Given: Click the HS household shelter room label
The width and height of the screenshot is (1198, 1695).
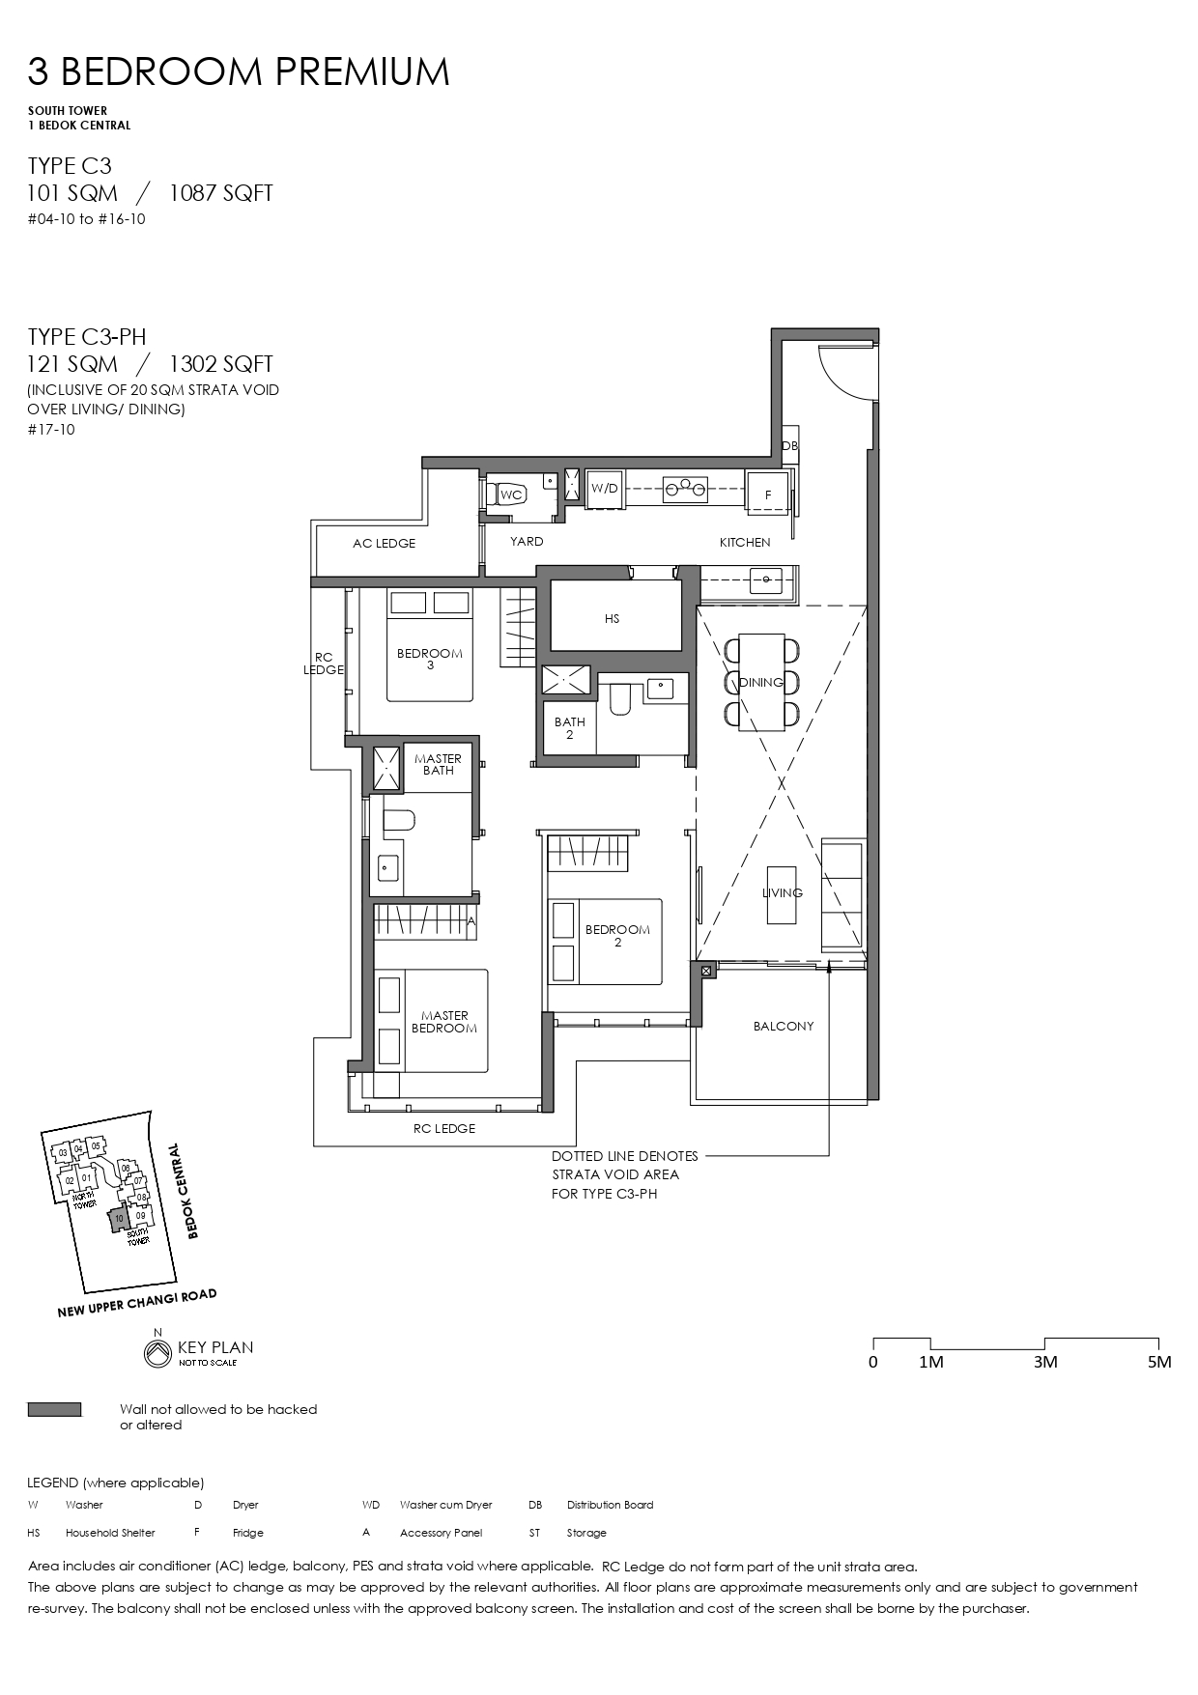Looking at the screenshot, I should point(612,619).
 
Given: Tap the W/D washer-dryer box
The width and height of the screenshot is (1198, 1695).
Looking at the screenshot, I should point(605,489).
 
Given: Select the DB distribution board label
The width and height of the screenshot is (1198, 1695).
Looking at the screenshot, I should point(789,446).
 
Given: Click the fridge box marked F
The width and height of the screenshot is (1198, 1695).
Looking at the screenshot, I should point(768,494).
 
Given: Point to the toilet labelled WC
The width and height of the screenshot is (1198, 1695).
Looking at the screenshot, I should point(511,494).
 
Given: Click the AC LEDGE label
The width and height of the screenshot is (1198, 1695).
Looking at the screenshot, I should point(384,544).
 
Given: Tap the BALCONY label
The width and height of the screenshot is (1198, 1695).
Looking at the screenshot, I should point(784,1026).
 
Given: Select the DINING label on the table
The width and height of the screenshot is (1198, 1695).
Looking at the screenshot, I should point(761,683).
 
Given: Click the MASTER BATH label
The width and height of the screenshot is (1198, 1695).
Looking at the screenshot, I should point(438,764).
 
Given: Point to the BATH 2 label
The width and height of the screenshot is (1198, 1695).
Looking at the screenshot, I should point(569,728).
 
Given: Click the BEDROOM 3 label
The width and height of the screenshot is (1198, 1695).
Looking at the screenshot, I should point(430,659).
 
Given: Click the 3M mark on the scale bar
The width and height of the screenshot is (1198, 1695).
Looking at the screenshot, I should point(1044,1362).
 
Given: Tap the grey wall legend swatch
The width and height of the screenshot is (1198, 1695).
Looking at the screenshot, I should point(54,1410).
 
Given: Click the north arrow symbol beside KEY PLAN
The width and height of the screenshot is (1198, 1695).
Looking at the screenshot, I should point(156,1353).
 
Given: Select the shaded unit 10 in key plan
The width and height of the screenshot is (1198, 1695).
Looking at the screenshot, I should point(117,1221).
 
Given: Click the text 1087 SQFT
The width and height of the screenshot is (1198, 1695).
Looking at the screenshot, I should point(221,193).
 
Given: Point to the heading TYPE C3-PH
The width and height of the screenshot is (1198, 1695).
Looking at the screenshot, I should point(87,336).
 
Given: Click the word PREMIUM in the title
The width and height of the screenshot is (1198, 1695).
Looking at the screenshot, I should point(363,72).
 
